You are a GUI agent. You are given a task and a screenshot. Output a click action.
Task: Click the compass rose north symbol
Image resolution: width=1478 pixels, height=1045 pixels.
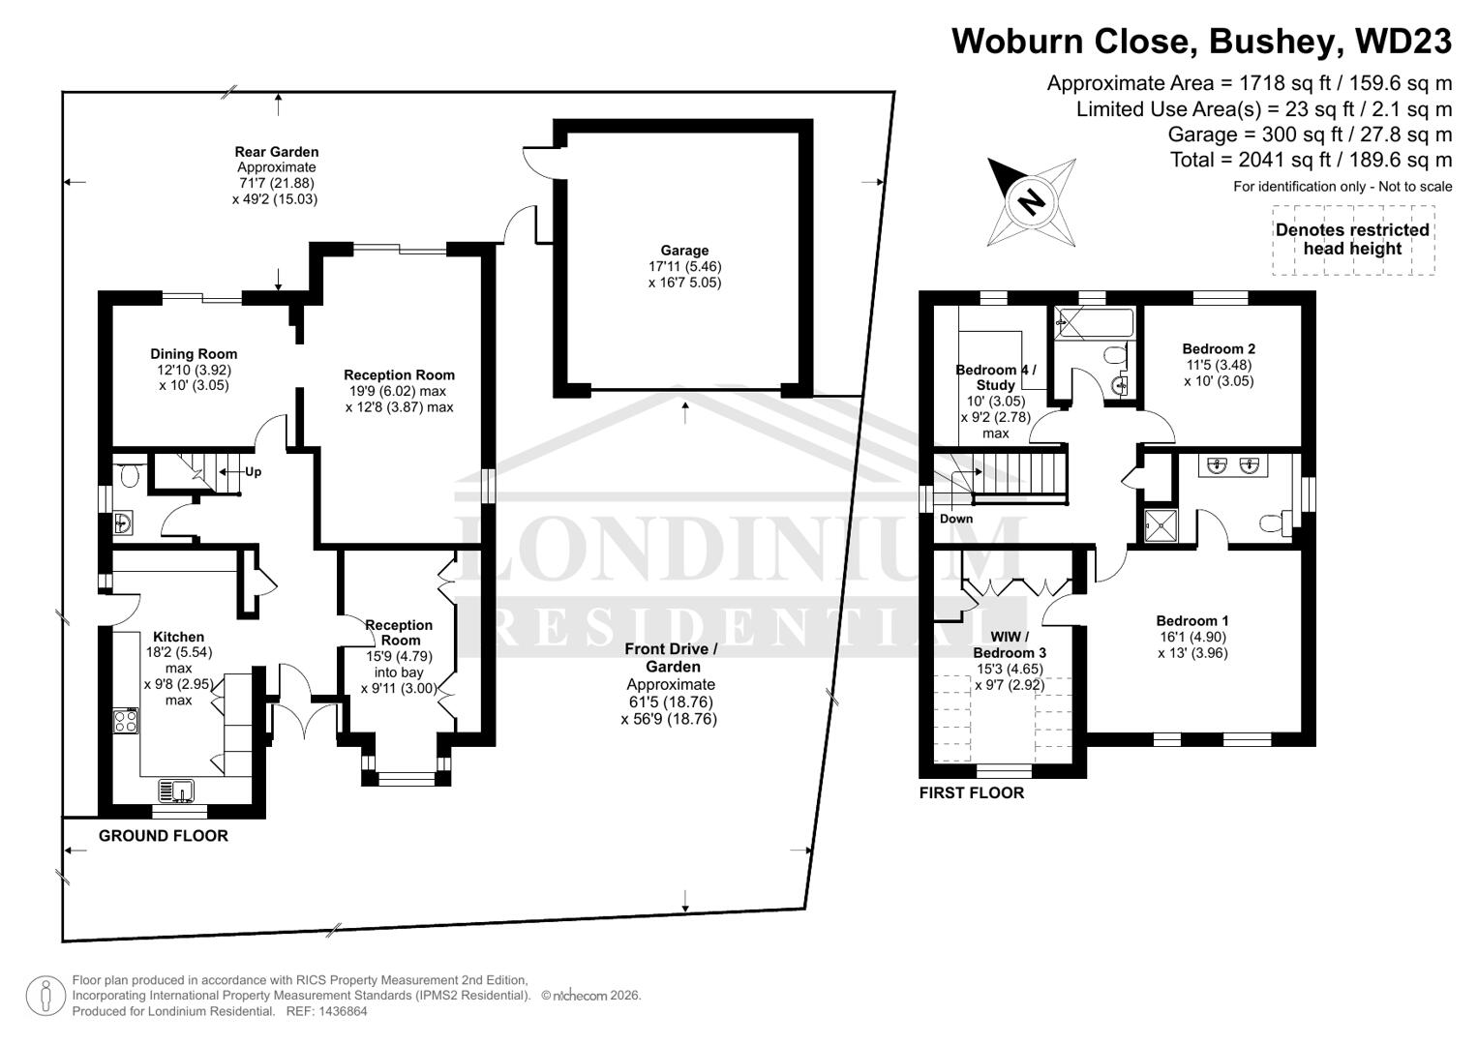pos(1032,201)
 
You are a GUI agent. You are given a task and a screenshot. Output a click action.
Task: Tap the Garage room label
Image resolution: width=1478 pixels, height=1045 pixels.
pos(684,251)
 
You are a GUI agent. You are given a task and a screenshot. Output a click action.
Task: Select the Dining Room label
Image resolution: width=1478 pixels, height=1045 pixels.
pos(194,354)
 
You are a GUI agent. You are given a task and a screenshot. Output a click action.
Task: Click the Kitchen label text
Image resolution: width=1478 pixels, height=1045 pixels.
pos(179,637)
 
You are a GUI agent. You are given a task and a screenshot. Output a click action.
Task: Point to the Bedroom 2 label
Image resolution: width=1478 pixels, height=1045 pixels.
pos(1219,349)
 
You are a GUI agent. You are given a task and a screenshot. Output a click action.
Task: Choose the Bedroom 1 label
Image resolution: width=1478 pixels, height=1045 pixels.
pos(1192,621)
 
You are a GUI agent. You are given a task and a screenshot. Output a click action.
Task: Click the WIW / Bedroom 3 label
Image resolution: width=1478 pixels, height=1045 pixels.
pos(1010,644)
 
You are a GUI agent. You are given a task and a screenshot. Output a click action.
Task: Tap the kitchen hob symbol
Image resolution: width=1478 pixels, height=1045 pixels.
pos(126,721)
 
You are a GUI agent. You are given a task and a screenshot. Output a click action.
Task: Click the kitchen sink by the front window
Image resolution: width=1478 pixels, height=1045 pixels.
pos(177,791)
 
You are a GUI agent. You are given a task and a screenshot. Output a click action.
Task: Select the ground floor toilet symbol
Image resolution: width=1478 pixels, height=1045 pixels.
pos(128,474)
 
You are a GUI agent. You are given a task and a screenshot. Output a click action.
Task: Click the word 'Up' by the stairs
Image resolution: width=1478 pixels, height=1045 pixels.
pos(253,472)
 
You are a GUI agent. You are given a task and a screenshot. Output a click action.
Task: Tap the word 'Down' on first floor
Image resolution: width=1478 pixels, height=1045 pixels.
pos(956,519)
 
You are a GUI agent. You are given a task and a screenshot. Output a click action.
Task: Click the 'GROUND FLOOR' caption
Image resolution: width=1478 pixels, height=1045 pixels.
pos(164,836)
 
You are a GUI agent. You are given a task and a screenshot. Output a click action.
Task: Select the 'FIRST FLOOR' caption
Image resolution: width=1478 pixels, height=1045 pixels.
pos(972,793)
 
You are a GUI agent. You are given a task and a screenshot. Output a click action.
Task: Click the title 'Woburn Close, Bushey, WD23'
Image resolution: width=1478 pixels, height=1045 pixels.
pos(1201,42)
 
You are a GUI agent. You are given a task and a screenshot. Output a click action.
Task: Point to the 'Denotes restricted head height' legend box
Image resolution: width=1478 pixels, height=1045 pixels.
pos(1352,239)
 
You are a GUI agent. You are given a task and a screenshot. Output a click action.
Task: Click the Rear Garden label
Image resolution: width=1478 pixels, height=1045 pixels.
pos(276,152)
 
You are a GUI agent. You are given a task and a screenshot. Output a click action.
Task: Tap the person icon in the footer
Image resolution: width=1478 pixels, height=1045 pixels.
pos(45,996)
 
